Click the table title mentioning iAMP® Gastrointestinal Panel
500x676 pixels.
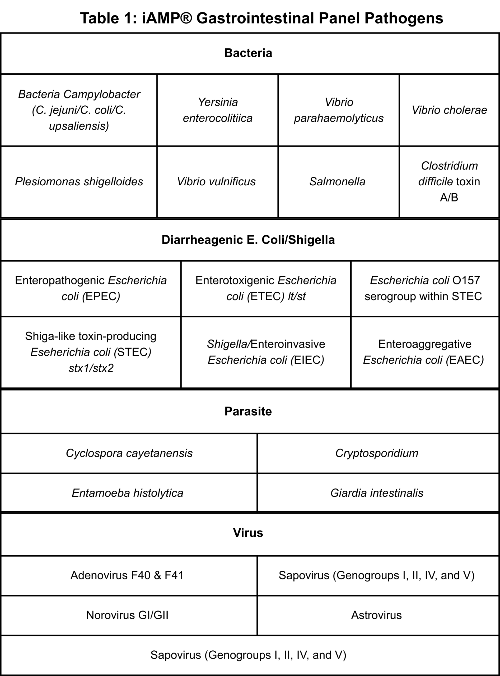point(261,18)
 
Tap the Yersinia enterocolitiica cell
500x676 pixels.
point(217,110)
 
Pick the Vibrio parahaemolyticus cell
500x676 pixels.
point(338,110)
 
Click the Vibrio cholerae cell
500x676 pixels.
point(449,110)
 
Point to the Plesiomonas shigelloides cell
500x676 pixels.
point(79,182)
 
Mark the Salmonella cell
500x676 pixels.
point(337,182)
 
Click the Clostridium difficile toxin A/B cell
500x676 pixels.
point(449,182)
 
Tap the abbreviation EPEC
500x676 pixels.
point(101,296)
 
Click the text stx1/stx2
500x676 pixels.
point(91,368)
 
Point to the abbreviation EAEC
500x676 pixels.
point(464,360)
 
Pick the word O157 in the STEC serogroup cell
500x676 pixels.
point(466,280)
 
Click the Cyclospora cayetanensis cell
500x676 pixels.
point(129,453)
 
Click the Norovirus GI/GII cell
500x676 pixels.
point(127,615)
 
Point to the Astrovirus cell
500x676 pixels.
point(376,615)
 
